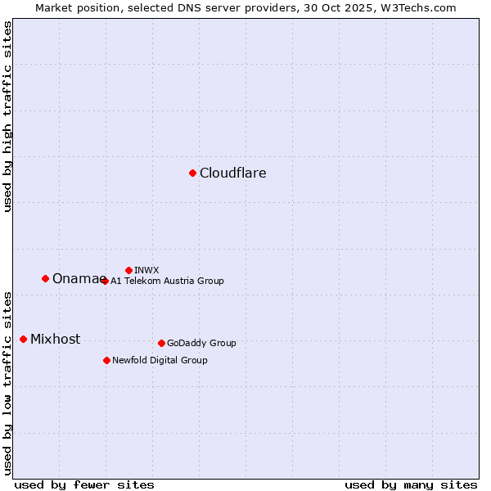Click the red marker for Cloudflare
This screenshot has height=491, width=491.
(x=192, y=173)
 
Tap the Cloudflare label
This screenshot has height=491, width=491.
(x=233, y=173)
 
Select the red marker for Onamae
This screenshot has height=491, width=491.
(x=45, y=278)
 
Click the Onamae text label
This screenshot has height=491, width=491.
(x=75, y=279)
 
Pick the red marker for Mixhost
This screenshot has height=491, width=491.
(x=23, y=339)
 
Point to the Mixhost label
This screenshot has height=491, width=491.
(x=55, y=340)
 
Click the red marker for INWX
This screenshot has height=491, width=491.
(x=128, y=270)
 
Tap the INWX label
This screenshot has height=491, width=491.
(x=146, y=270)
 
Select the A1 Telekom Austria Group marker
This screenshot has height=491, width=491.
(x=105, y=281)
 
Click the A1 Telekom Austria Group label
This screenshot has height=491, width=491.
(x=167, y=281)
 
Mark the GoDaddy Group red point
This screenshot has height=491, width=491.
(x=161, y=343)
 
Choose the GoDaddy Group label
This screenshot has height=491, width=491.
(x=201, y=343)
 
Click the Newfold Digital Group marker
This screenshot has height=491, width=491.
(x=106, y=360)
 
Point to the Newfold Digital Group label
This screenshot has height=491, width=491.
(x=160, y=360)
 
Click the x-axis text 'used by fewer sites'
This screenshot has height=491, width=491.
(x=84, y=484)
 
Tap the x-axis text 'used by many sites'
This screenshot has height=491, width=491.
(x=411, y=484)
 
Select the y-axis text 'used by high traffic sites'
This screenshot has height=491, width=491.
(x=8, y=117)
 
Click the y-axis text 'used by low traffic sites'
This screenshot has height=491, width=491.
(x=8, y=382)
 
